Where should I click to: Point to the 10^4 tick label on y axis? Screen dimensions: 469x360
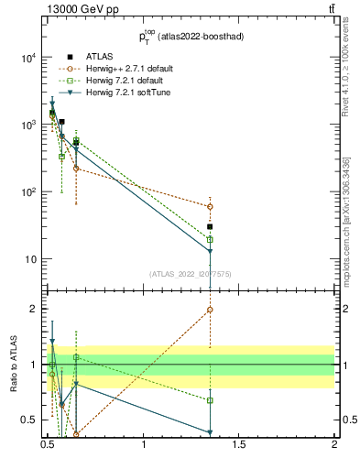click(28, 58)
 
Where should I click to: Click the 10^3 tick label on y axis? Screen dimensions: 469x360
click(28, 125)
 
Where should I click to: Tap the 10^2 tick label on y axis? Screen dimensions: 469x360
click(28, 192)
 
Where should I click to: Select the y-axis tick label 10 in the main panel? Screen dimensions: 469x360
click(31, 259)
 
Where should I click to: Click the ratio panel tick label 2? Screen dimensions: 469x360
click(35, 309)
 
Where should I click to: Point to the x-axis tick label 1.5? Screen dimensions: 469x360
click(239, 444)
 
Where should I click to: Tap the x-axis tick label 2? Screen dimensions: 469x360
click(334, 444)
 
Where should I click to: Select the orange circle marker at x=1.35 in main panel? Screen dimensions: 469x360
click(211, 207)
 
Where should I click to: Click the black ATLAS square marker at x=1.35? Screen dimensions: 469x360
click(211, 226)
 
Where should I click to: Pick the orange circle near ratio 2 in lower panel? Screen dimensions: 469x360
click(211, 310)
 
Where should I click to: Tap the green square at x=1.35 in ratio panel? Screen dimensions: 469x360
click(211, 400)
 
